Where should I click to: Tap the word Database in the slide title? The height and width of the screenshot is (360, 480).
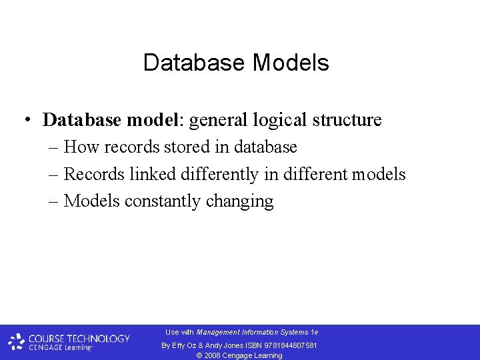tap(195, 63)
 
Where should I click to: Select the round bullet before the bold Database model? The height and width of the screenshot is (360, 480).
tap(25, 120)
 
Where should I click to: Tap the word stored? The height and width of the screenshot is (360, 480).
tap(185, 147)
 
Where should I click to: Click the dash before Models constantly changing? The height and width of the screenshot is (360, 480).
tap(53, 201)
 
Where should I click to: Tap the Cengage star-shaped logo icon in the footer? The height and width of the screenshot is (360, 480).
tap(17, 342)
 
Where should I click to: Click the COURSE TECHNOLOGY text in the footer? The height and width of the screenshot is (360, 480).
tap(79, 338)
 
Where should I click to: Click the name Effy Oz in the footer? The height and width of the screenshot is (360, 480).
tap(184, 345)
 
